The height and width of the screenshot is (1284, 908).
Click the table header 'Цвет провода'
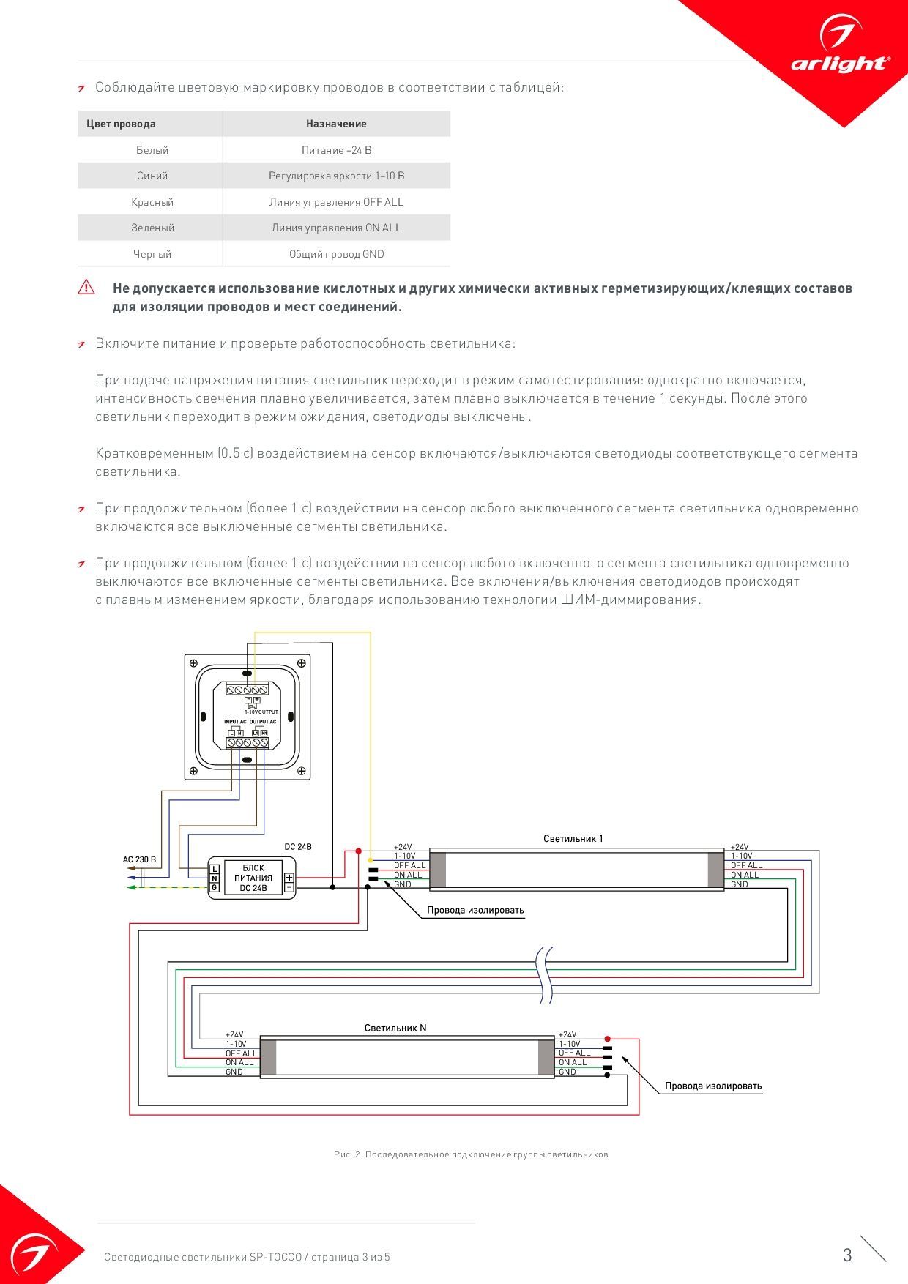121,124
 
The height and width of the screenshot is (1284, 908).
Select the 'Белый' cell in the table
152,150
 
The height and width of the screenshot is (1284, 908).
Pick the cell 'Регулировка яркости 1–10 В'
336,176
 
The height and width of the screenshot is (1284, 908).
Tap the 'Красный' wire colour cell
152,202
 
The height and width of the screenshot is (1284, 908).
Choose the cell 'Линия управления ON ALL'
336,228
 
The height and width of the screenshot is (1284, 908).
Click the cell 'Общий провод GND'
336,254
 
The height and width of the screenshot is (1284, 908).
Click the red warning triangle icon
86,287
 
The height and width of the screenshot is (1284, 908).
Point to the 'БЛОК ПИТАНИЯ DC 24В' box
253,878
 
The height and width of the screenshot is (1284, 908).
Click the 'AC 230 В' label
139,859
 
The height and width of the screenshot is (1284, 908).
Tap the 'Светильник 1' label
573,839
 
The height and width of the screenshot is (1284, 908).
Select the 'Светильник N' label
395,1028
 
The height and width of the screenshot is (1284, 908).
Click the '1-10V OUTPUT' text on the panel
261,712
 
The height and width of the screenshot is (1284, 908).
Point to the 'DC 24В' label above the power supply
298,847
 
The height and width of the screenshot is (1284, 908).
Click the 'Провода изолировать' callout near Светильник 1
475,911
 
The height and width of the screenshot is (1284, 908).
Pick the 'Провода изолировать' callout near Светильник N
713,1086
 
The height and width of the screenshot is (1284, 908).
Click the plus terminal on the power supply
289,878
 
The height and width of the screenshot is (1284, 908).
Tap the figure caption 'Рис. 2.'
471,1154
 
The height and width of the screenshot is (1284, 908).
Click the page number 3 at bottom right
847,1255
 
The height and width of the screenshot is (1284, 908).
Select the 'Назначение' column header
336,124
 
